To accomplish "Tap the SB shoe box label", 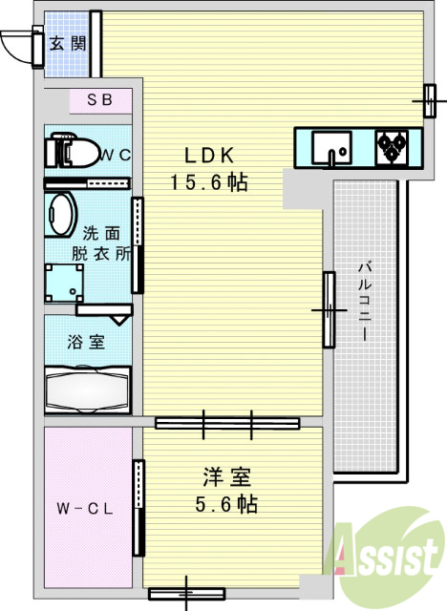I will pos(99,99).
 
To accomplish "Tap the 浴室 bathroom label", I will pos(85,341).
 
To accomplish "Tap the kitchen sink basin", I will pos(330,149).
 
